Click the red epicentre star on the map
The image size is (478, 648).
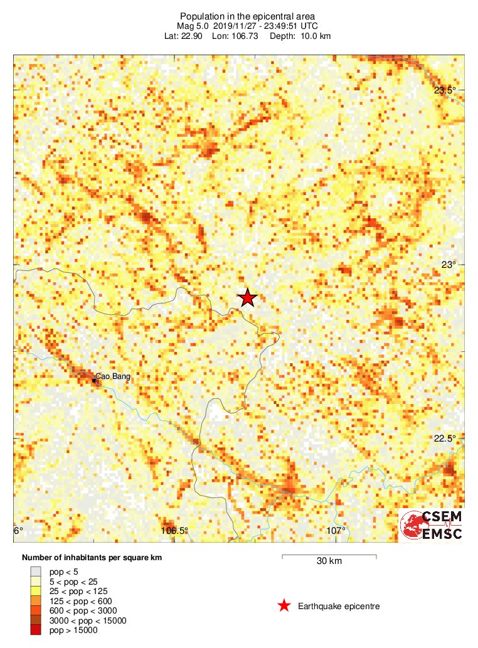pyautogui.click(x=248, y=298)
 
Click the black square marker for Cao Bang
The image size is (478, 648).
pyautogui.click(x=93, y=381)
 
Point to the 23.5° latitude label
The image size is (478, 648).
pyautogui.click(x=445, y=90)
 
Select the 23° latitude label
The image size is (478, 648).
pyautogui.click(x=448, y=265)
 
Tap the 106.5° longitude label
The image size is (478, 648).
pyautogui.click(x=174, y=531)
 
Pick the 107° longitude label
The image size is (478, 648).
pyautogui.click(x=336, y=531)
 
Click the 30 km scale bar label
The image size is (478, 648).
pyautogui.click(x=329, y=561)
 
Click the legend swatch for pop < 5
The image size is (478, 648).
pyautogui.click(x=36, y=571)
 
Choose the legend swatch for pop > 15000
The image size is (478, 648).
pyautogui.click(x=36, y=630)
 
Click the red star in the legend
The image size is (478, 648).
pyautogui.click(x=284, y=606)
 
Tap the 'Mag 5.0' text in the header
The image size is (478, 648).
pyautogui.click(x=193, y=26)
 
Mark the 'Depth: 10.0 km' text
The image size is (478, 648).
pyautogui.click(x=300, y=36)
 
